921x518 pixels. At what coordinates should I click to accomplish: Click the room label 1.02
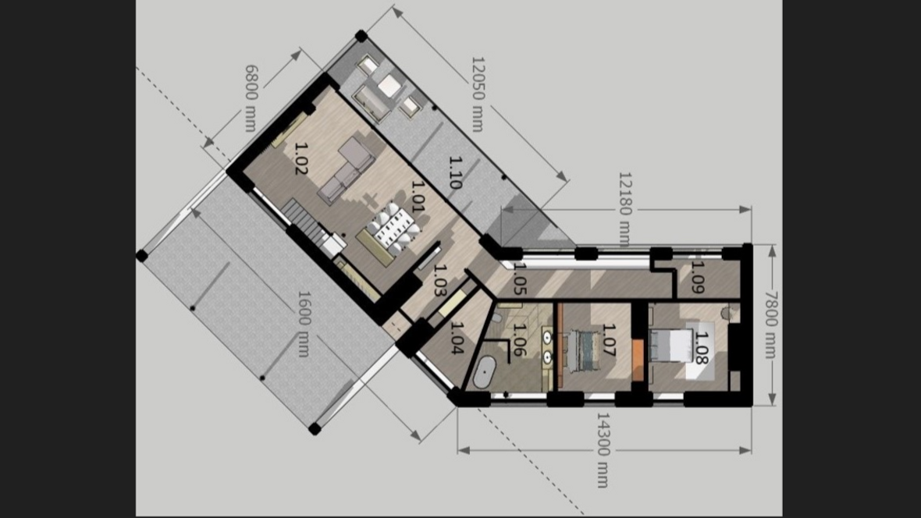tap(300, 158)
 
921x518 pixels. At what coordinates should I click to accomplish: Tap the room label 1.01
tap(418, 196)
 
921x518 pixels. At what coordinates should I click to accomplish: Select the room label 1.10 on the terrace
tap(455, 172)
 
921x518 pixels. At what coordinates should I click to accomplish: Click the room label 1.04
tap(457, 339)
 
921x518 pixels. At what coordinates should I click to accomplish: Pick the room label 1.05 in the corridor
tap(520, 279)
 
